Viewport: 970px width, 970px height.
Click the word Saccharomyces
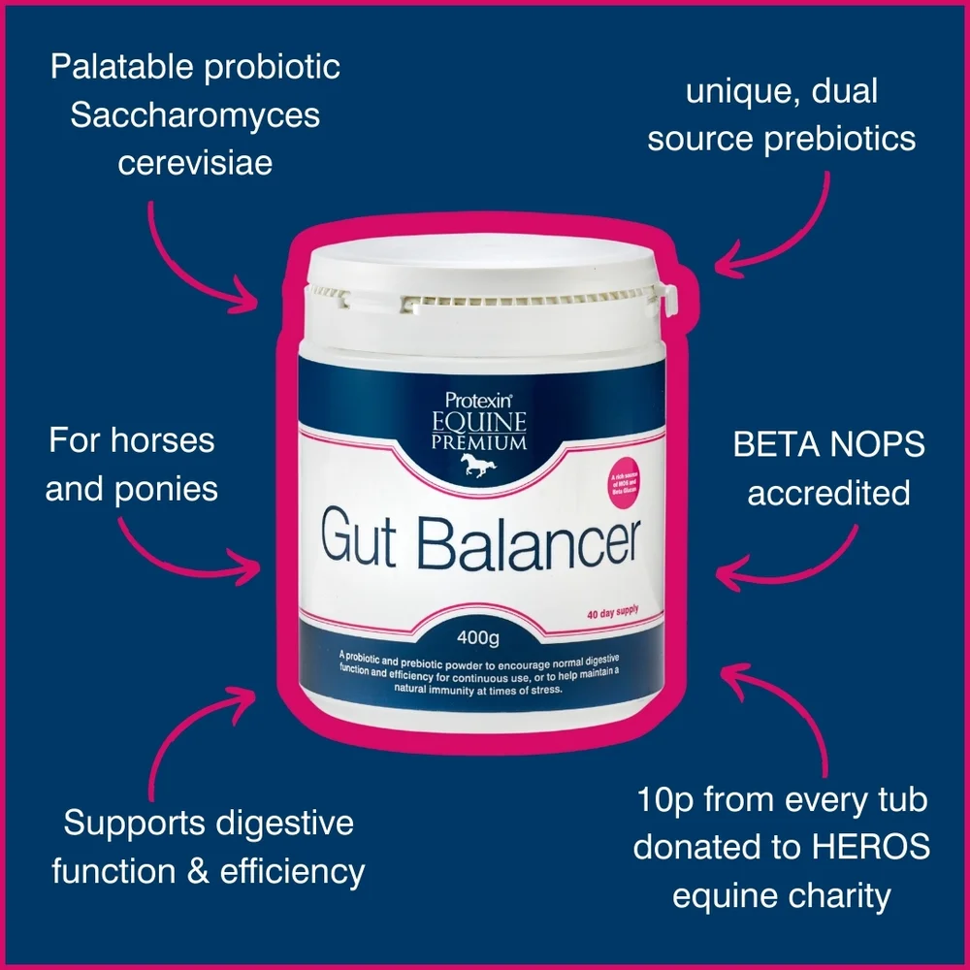point(195,115)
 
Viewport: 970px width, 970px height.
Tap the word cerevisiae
point(195,161)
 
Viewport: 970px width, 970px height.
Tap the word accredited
point(828,492)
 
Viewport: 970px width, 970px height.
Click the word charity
point(838,894)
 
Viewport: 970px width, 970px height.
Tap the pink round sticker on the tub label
point(630,482)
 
